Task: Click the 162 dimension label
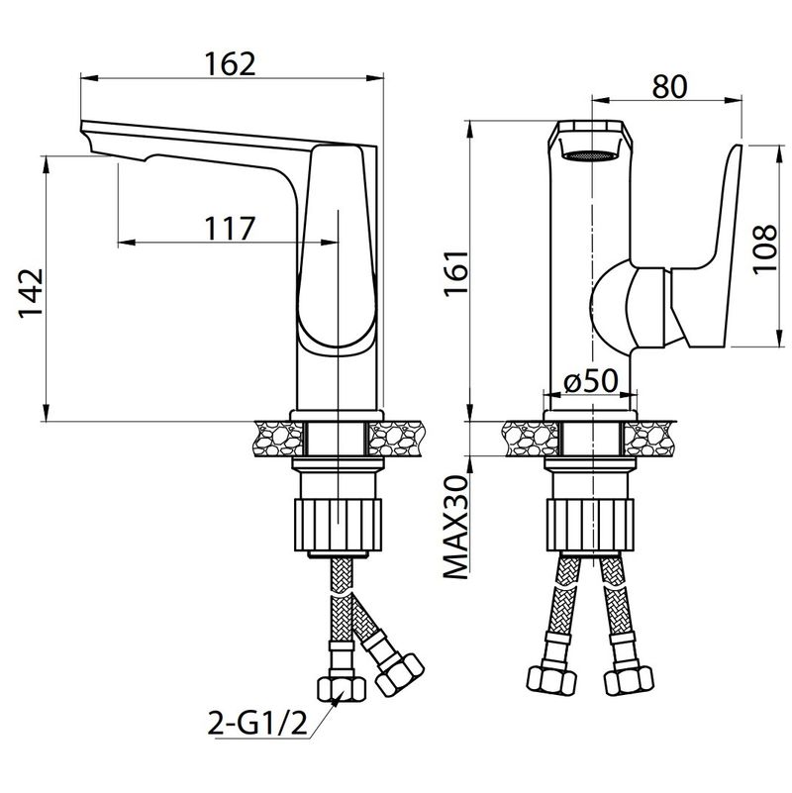(230, 64)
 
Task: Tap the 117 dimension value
(230, 229)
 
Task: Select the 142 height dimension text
(32, 293)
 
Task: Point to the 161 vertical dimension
(456, 273)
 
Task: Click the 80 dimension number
(669, 86)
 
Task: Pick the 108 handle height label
(764, 249)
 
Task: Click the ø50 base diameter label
(591, 380)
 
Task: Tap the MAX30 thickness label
(456, 526)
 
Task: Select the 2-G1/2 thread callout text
(257, 724)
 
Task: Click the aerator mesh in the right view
(590, 155)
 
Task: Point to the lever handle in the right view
(708, 248)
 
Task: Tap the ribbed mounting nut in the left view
(338, 525)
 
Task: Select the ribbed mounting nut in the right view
(590, 525)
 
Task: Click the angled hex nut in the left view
(400, 674)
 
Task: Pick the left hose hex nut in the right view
(551, 679)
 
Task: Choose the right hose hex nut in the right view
(629, 679)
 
